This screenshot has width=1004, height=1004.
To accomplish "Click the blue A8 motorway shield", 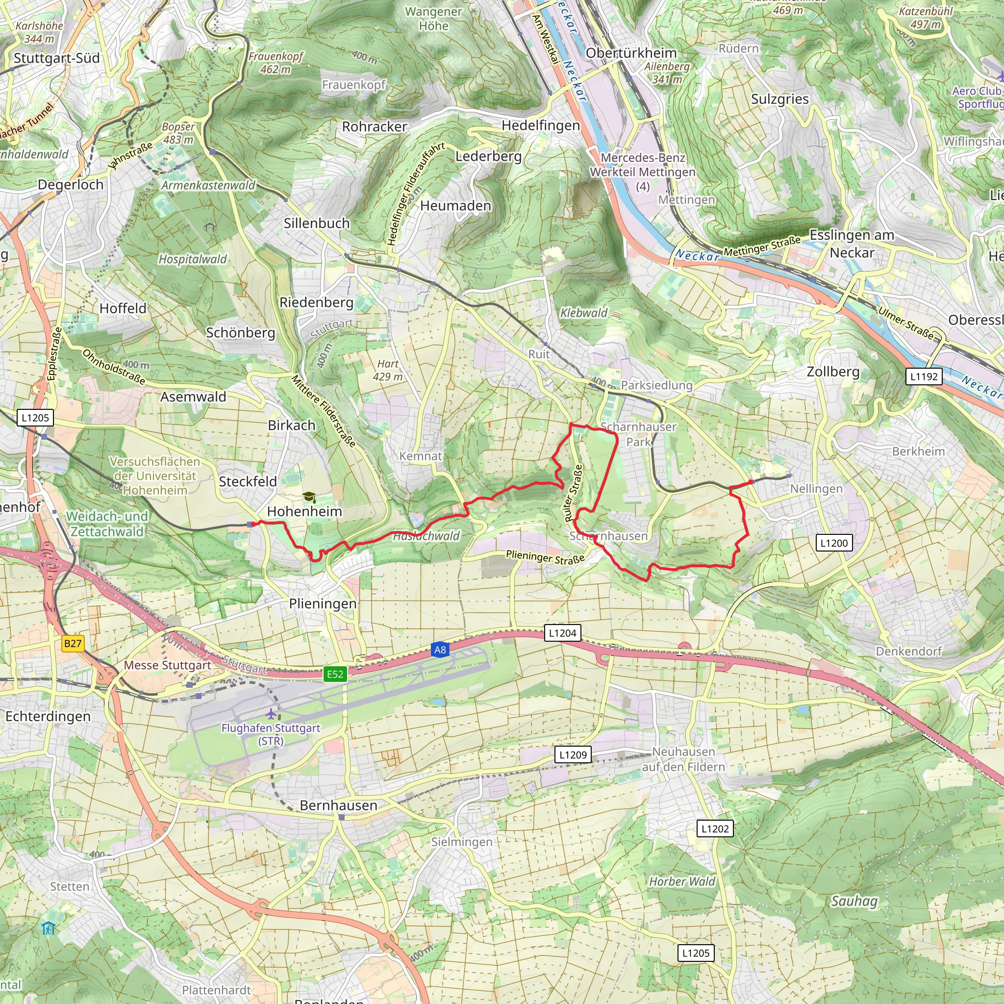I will (440, 650).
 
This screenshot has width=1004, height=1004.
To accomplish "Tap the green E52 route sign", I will (335, 675).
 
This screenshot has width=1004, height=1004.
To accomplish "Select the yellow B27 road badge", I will (73, 644).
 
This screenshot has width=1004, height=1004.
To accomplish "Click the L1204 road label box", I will (563, 633).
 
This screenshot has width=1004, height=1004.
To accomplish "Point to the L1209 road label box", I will (573, 754).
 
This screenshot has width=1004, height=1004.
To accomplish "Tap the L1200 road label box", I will (833, 543).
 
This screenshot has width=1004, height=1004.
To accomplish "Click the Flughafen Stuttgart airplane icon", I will (271, 714).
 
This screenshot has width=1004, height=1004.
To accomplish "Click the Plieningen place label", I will (323, 604).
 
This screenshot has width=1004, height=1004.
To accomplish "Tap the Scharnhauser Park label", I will (638, 434).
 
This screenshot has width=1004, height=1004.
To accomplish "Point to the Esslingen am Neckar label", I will (852, 244).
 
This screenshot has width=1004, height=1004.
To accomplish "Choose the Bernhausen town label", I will (338, 805).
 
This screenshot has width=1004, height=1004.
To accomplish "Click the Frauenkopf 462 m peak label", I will (276, 62).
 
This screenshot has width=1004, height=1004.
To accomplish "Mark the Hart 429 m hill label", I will (388, 370).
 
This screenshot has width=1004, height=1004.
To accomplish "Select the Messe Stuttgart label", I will (167, 665).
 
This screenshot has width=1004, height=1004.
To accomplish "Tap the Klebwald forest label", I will (583, 313).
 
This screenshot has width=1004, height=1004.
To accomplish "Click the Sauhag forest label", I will (854, 901).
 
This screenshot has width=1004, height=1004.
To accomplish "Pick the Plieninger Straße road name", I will (545, 557).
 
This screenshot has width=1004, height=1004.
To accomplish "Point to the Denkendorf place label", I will (908, 651).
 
